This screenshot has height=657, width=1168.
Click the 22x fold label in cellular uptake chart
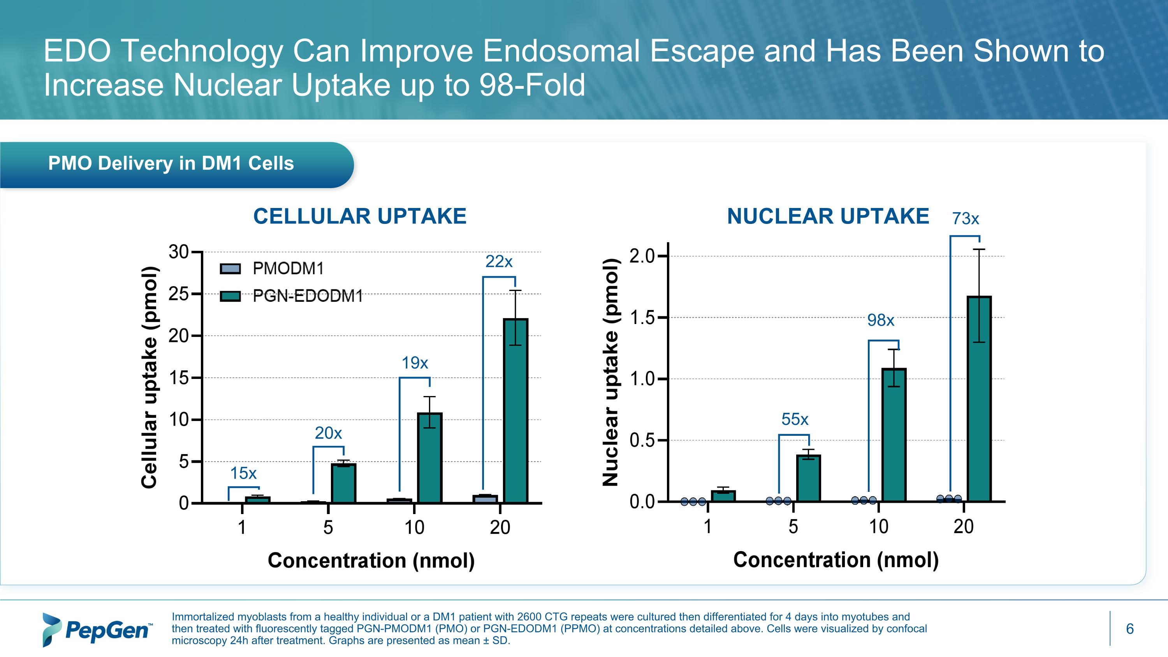[x=499, y=262]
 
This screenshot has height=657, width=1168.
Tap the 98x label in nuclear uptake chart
[x=881, y=321]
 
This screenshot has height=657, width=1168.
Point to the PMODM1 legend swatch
[x=230, y=269]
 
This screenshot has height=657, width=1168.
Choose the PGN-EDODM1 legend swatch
[x=230, y=296]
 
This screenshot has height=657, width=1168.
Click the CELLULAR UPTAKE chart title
[x=360, y=216]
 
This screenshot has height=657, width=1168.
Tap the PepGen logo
[x=97, y=629]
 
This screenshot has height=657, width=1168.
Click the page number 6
[x=1129, y=629]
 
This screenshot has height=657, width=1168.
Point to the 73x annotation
[x=965, y=219]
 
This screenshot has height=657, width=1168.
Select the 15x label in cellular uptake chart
[x=243, y=473]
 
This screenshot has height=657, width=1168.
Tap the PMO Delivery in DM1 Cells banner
[x=171, y=164]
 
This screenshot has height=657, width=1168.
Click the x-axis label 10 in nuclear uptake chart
[x=878, y=527]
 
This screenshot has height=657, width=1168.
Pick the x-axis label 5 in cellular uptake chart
[x=328, y=528]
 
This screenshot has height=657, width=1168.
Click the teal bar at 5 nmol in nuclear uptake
[x=808, y=478]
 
